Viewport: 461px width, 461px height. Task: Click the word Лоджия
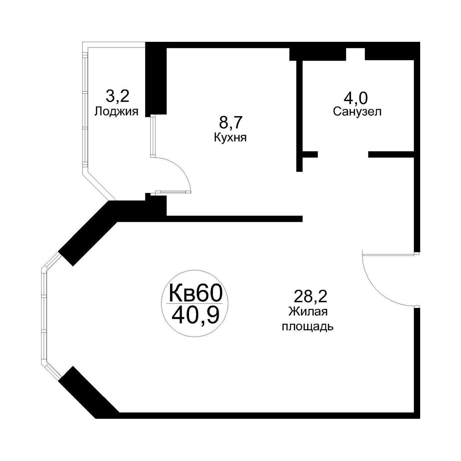116,112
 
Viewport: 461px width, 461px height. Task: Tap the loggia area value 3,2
117,96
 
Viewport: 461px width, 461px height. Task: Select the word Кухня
230,138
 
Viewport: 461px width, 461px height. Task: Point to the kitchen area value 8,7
231,122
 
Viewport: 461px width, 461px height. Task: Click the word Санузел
357,112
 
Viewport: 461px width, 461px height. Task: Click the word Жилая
308,312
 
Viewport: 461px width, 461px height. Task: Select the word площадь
308,327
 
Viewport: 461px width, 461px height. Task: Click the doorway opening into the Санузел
343,154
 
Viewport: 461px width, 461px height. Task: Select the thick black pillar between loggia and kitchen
156,79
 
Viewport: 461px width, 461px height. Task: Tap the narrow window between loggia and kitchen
153,136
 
